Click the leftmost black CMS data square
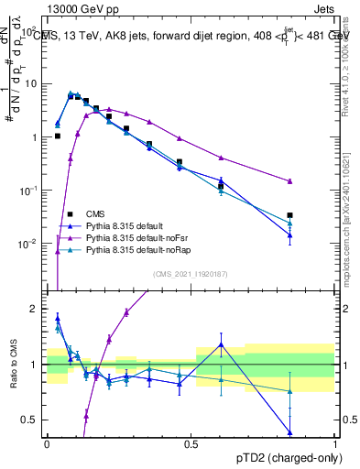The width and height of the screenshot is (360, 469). click(x=57, y=136)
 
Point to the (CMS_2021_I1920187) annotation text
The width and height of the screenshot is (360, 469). click(x=191, y=273)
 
